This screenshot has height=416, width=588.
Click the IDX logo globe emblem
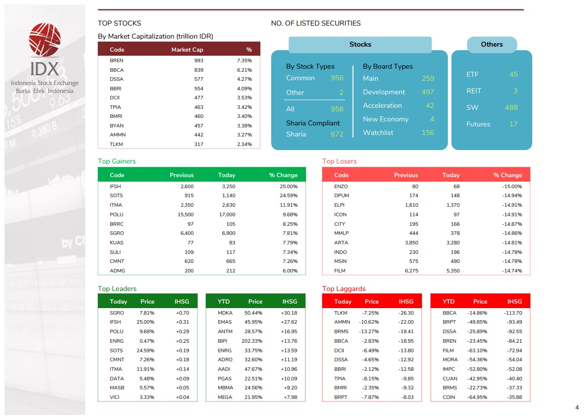(45, 40)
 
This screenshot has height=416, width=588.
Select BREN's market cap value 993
(198, 61)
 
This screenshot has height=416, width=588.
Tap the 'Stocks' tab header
(360, 45)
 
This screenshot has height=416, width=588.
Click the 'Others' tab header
(491, 45)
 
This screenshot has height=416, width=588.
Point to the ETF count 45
(513, 74)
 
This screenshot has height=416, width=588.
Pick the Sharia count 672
(337, 134)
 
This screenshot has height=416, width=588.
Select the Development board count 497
(427, 92)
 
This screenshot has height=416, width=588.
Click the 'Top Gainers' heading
(116, 161)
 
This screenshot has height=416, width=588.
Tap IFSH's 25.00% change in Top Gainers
(288, 186)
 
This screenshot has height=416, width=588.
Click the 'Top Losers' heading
(339, 161)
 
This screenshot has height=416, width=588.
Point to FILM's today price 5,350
(451, 270)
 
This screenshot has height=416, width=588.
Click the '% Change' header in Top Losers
(507, 175)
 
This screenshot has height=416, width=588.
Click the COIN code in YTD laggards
(450, 397)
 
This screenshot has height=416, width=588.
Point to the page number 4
(576, 407)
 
